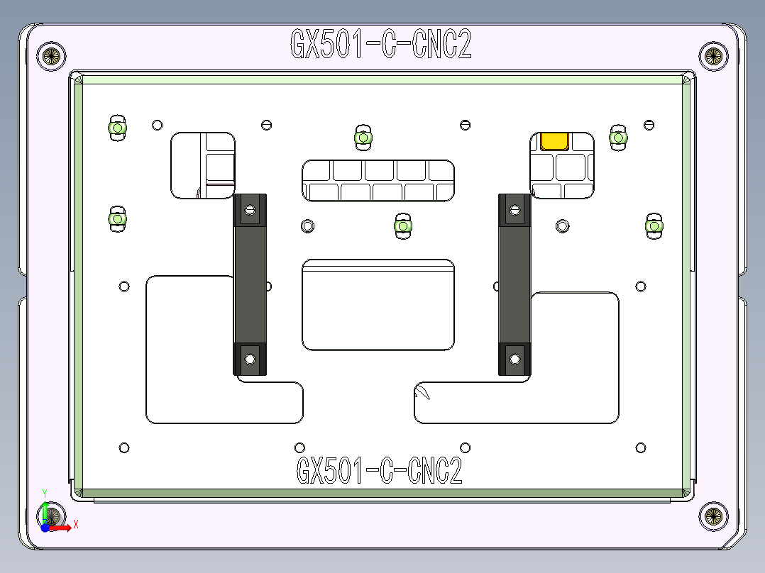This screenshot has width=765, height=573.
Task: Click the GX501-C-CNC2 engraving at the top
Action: pyautogui.click(x=381, y=45)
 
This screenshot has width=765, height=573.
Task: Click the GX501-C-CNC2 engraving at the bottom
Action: pyautogui.click(x=379, y=470)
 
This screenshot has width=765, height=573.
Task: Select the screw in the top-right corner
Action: pyautogui.click(x=713, y=55)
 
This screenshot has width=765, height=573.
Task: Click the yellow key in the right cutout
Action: pyautogui.click(x=554, y=141)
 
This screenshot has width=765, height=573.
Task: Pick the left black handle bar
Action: pyautogui.click(x=250, y=284)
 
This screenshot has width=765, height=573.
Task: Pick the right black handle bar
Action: pyautogui.click(x=514, y=284)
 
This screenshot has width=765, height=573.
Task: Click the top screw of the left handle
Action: pyautogui.click(x=249, y=210)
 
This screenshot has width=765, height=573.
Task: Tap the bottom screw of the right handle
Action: pyautogui.click(x=514, y=358)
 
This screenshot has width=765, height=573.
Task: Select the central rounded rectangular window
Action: pyautogui.click(x=378, y=305)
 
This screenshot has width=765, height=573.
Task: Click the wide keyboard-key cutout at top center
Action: pyautogui.click(x=378, y=181)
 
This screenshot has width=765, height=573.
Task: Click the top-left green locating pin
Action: pyautogui.click(x=116, y=128)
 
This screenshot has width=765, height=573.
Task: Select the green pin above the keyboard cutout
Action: pyautogui.click(x=363, y=137)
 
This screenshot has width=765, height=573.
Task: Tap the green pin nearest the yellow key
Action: pyautogui.click(x=618, y=137)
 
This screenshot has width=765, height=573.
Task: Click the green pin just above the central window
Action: pyautogui.click(x=403, y=226)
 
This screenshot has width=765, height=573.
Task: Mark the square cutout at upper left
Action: pyautogui.click(x=203, y=165)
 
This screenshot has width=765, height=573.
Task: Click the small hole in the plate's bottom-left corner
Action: pyautogui.click(x=124, y=447)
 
